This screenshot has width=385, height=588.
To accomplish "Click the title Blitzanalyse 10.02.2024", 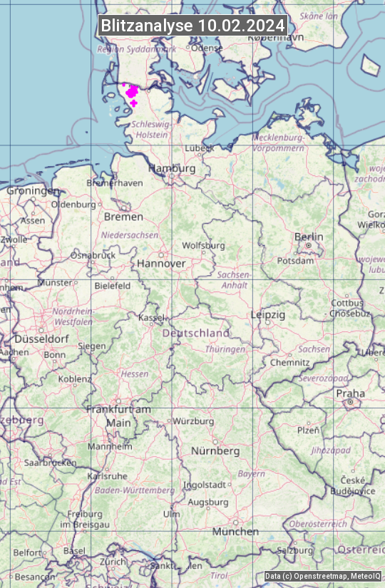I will pos(192,26).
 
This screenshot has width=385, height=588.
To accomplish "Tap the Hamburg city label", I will pos(172,169).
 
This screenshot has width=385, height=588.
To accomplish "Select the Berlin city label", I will pos(309,237).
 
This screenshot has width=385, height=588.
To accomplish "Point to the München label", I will pos(235,532).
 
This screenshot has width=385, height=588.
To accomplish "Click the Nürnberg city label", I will pos(215,451).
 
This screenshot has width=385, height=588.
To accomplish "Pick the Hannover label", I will pos(161,263).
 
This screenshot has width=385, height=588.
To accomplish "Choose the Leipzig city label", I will pos(268,314).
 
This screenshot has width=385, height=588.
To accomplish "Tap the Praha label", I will pos(351,393).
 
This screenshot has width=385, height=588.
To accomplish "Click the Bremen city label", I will pos(123,217).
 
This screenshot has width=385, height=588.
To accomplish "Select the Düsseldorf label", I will pos(41,339).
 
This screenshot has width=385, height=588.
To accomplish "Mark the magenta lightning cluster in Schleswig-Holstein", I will pos(131,93).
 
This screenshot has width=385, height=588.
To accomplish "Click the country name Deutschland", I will pos(196,333).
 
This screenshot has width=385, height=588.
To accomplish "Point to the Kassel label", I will pos(151,317).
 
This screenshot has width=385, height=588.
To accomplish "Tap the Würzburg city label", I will pos(193,421).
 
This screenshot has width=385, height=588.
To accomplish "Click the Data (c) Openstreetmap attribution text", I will pos(323,577).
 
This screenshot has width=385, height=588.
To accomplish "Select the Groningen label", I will pos(33,191).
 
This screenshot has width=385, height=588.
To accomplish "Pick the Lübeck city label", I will pos(199,148).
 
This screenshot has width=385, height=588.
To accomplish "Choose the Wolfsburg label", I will pos(203,245).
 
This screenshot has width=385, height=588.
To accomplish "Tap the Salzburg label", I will pos(295,550).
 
